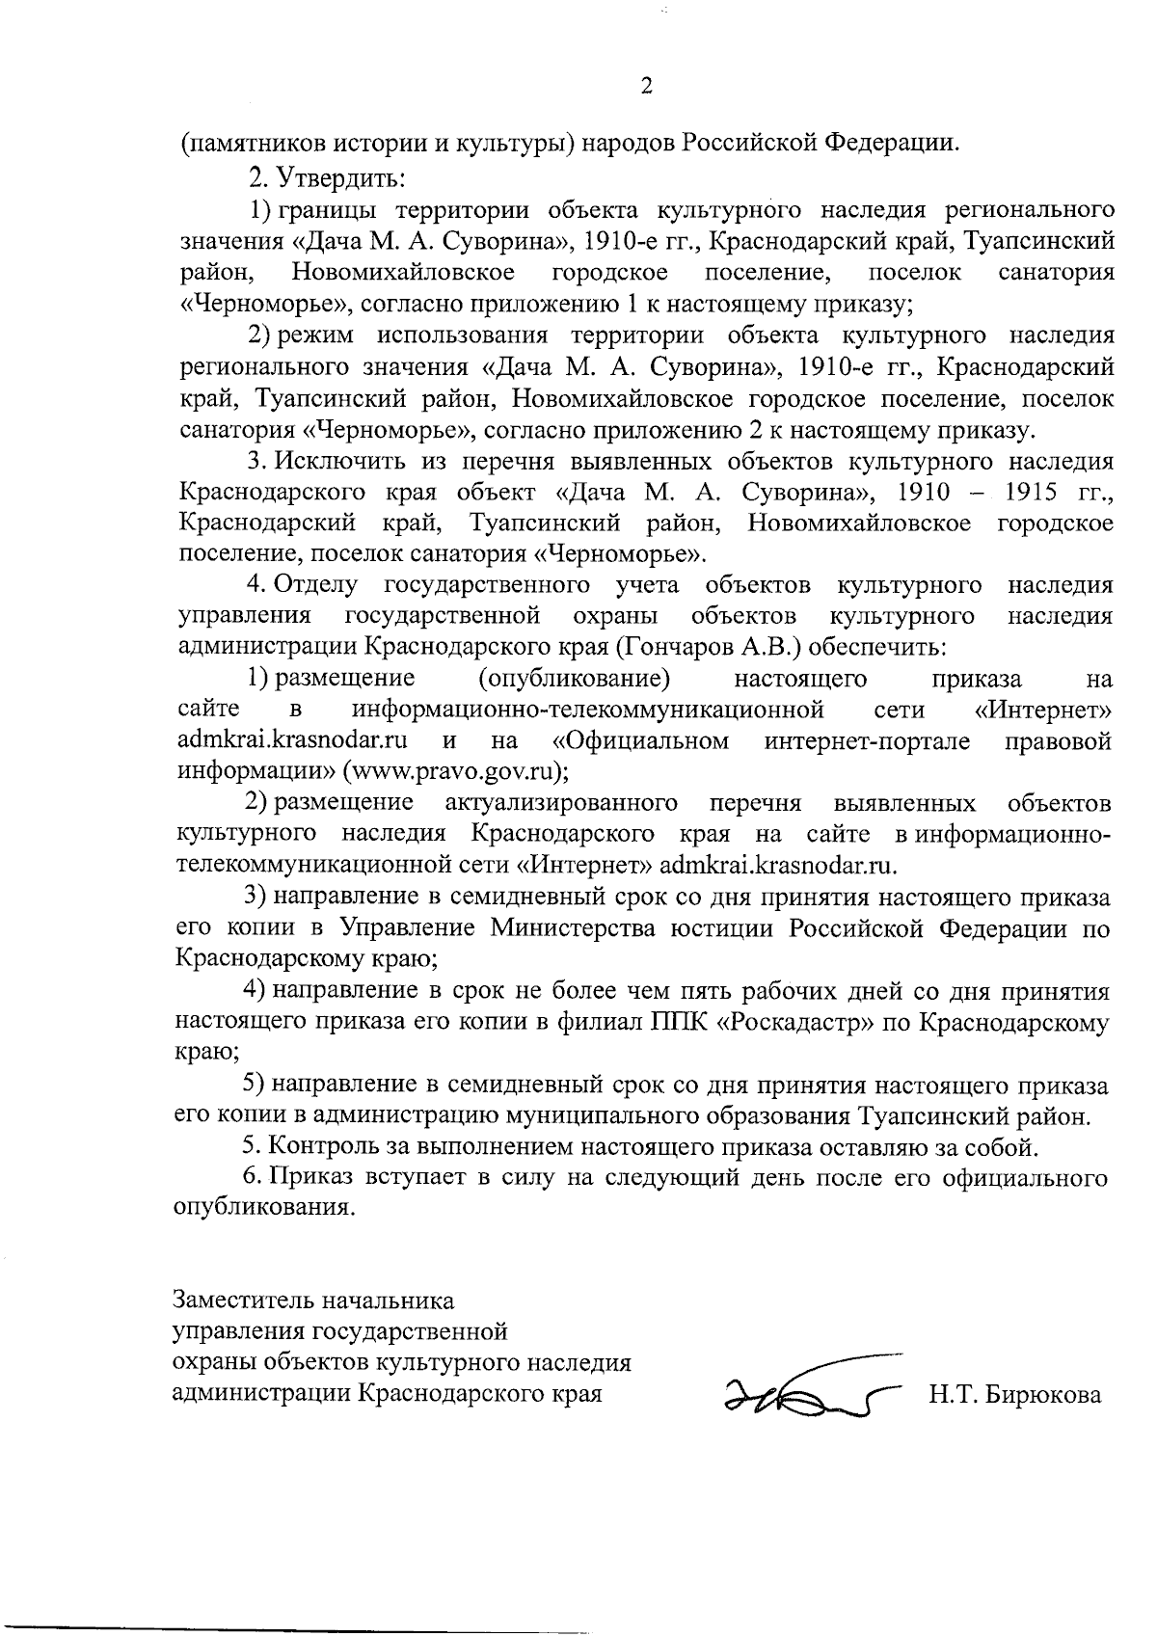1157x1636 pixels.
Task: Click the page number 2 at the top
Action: (646, 87)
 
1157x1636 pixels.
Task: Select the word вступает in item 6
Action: (419, 1177)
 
